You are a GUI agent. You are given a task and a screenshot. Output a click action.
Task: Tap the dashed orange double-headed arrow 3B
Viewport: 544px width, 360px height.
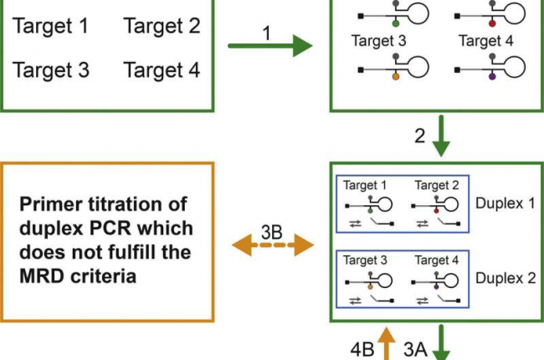(x=272, y=246)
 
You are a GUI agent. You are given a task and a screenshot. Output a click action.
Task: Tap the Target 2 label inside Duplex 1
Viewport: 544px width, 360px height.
(x=437, y=186)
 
